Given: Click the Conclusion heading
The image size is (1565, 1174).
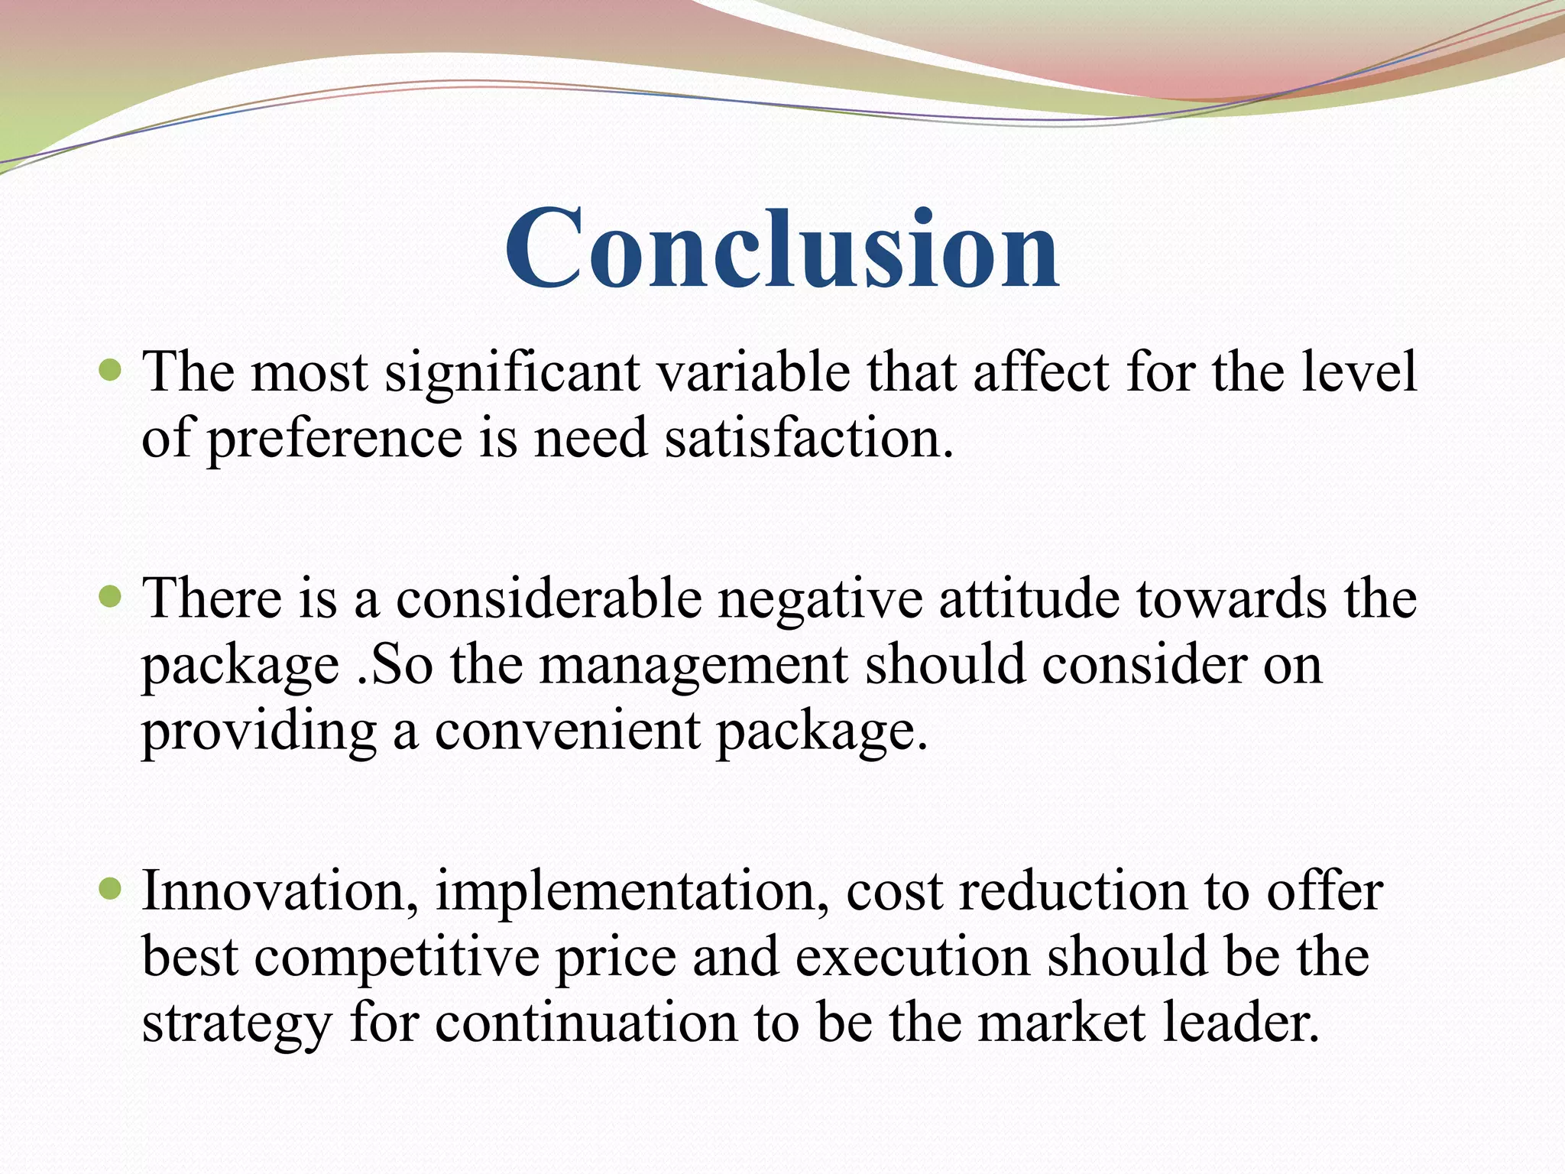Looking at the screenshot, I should click(x=782, y=249).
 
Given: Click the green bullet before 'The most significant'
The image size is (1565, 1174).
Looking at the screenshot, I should click(x=112, y=371).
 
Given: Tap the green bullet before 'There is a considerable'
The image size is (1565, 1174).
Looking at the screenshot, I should click(x=112, y=597).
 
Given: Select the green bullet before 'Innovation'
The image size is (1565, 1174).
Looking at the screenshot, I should click(x=112, y=890).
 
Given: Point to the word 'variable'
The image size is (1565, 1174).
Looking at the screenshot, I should click(x=753, y=372).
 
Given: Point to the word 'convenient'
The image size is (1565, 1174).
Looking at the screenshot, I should click(x=567, y=731).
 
